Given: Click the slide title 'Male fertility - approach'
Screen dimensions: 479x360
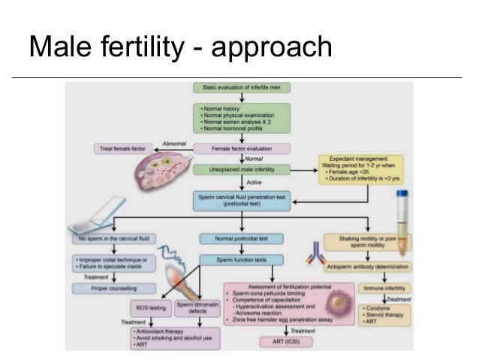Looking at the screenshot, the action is [179, 47].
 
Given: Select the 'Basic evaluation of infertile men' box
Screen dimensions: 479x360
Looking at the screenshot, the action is [243, 87].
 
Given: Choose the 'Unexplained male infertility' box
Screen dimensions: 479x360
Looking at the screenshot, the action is [243, 171].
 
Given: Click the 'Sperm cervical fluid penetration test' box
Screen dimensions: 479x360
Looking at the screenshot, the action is [243, 201].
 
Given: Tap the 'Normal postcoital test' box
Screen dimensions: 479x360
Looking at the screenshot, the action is [242, 239].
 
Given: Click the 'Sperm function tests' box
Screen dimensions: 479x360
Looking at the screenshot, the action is [242, 260].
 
